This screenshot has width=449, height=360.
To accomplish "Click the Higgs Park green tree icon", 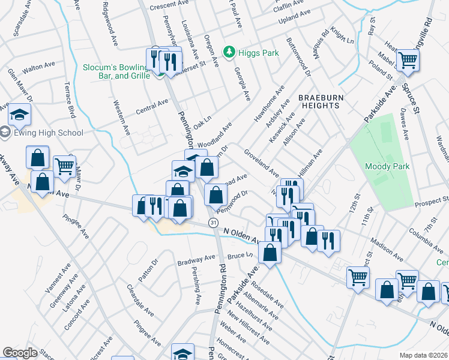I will click(x=228, y=53).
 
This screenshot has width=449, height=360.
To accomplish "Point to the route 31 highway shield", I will click(x=213, y=223).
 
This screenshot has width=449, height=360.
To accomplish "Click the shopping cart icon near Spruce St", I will click(x=408, y=61).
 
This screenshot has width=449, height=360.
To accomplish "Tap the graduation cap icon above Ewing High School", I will click(x=19, y=114).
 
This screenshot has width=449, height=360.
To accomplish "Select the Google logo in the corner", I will click(x=20, y=352).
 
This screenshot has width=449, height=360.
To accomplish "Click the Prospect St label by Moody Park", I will click(x=432, y=200).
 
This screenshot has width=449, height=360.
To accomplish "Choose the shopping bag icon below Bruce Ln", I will click(x=271, y=253).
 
